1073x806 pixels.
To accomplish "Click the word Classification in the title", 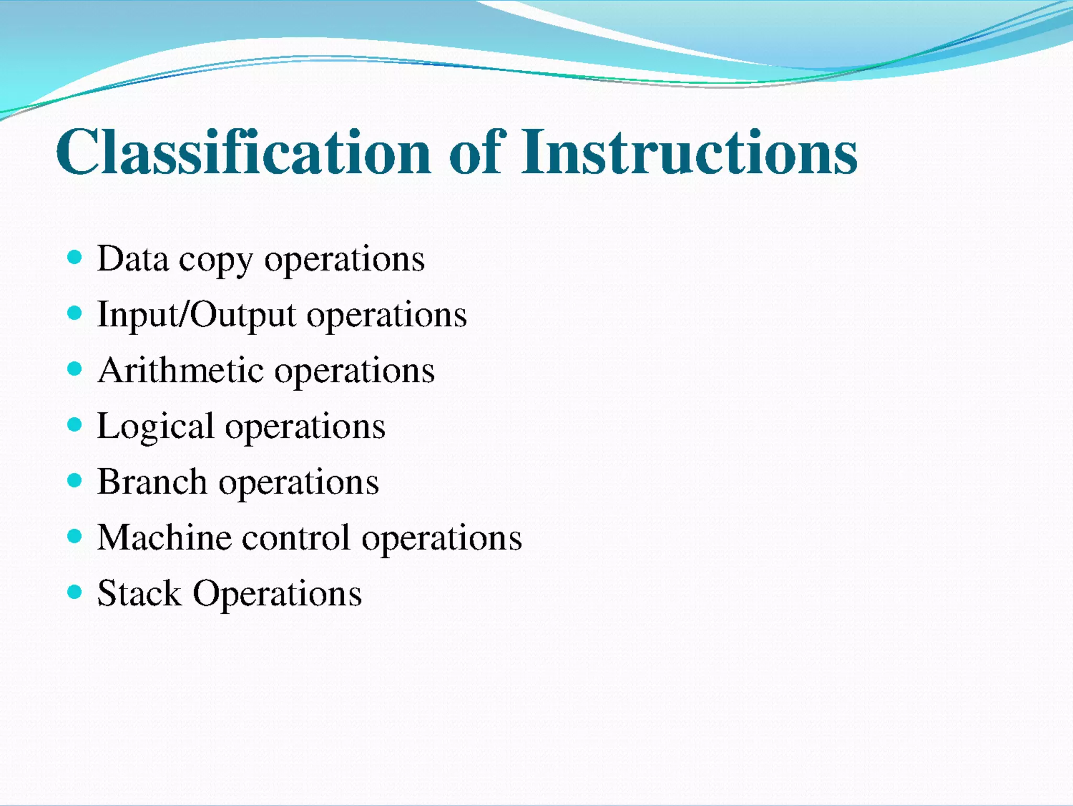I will [x=243, y=152].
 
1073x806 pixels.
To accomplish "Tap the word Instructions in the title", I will [x=689, y=152].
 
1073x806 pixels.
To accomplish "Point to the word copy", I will [x=216, y=261].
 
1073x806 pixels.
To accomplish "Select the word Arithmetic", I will [x=181, y=370].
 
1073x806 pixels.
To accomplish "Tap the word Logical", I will [x=156, y=426].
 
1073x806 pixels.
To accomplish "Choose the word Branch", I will [x=152, y=482].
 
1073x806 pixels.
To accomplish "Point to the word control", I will [x=296, y=537].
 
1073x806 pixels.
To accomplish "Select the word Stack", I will [x=139, y=593].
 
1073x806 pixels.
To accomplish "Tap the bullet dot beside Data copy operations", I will [x=75, y=257].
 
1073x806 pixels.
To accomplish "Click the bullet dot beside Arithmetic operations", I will [x=75, y=369].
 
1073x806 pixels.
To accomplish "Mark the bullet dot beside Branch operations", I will [x=75, y=480].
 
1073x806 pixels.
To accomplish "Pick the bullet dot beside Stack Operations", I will [x=75, y=592].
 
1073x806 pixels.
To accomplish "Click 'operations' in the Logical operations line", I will [x=305, y=427].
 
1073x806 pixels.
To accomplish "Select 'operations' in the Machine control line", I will [x=442, y=539].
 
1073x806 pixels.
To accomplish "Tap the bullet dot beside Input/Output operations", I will [x=75, y=313].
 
